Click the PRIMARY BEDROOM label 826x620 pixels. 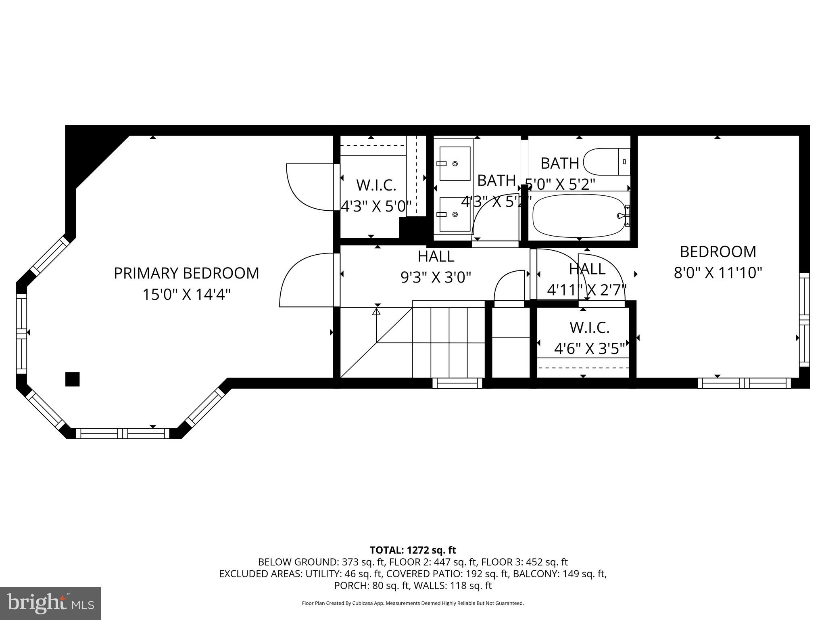186,273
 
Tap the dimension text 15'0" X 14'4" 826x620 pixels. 186,295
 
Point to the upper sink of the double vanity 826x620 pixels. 455,163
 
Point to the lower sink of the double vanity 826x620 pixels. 455,214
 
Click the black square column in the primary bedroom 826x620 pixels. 72,379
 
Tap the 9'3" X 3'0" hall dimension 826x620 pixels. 436,277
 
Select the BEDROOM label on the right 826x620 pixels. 718,252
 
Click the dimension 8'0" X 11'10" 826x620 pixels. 718,273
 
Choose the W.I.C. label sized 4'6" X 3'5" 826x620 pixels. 589,328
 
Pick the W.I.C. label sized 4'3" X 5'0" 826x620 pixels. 376,185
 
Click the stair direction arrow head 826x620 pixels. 376,311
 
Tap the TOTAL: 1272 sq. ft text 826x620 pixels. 413,550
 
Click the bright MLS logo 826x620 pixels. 50,603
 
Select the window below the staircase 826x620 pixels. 457,383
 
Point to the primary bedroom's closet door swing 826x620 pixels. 309,186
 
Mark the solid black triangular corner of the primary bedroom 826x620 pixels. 87,151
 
